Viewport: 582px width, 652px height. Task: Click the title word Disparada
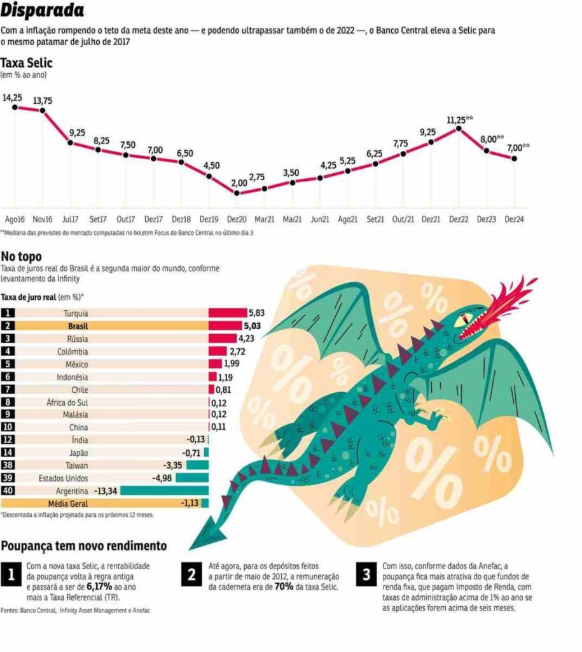click(42, 10)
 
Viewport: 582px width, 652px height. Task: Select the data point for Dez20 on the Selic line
click(237, 193)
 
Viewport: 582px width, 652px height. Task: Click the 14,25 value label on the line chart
click(13, 97)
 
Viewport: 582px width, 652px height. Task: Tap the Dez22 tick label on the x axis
click(459, 219)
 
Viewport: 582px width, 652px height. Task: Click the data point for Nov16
click(43, 110)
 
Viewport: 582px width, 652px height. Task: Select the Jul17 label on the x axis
click(70, 219)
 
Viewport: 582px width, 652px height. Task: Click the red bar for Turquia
click(228, 313)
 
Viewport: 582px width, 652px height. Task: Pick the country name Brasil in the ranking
click(78, 326)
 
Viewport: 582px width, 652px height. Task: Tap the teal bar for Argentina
click(165, 491)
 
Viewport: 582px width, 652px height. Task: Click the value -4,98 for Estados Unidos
click(162, 478)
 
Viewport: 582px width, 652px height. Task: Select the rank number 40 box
click(8, 491)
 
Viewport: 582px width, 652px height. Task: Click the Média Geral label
click(68, 504)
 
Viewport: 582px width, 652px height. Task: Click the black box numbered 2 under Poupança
click(191, 574)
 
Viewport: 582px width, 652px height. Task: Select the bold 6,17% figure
click(99, 586)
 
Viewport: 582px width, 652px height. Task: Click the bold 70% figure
click(284, 586)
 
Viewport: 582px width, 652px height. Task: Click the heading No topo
click(21, 257)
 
